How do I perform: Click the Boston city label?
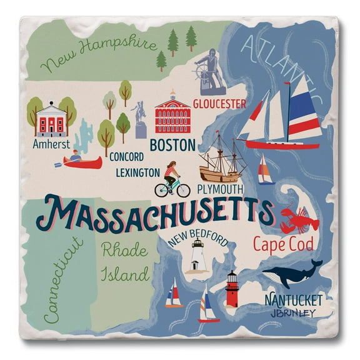pyautogui.click(x=172, y=146)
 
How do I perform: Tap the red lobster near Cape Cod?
pyautogui.click(x=298, y=221)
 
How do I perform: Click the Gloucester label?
pyautogui.click(x=219, y=104)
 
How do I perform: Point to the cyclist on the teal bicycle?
pyautogui.click(x=172, y=180)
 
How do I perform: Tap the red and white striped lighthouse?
pyautogui.click(x=232, y=289)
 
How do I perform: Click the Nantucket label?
pyautogui.click(x=294, y=298)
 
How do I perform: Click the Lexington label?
pyautogui.click(x=137, y=172)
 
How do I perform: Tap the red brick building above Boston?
pyautogui.click(x=172, y=115)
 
